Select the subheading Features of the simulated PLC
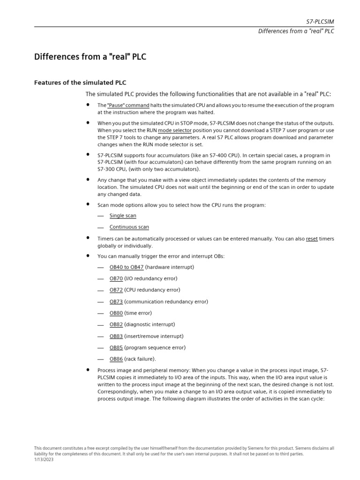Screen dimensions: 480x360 pos(80,82)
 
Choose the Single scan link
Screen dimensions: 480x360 pos(123,216)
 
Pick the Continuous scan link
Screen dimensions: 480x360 pos(129,227)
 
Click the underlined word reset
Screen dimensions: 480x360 pos(312,239)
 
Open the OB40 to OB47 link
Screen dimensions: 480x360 pos(127,267)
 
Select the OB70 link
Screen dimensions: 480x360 pos(116,278)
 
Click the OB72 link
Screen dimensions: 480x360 pos(116,290)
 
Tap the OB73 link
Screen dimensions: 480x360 pos(116,302)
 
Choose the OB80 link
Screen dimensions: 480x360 pos(116,313)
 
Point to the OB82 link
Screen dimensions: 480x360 pos(116,324)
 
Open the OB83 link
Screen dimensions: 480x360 pos(116,336)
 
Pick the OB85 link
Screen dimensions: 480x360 pos(116,348)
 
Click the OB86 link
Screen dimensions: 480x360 pos(116,359)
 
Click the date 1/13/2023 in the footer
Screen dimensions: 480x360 pos(44,459)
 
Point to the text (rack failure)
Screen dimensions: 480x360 pos(140,359)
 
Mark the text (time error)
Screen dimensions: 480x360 pos(138,313)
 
